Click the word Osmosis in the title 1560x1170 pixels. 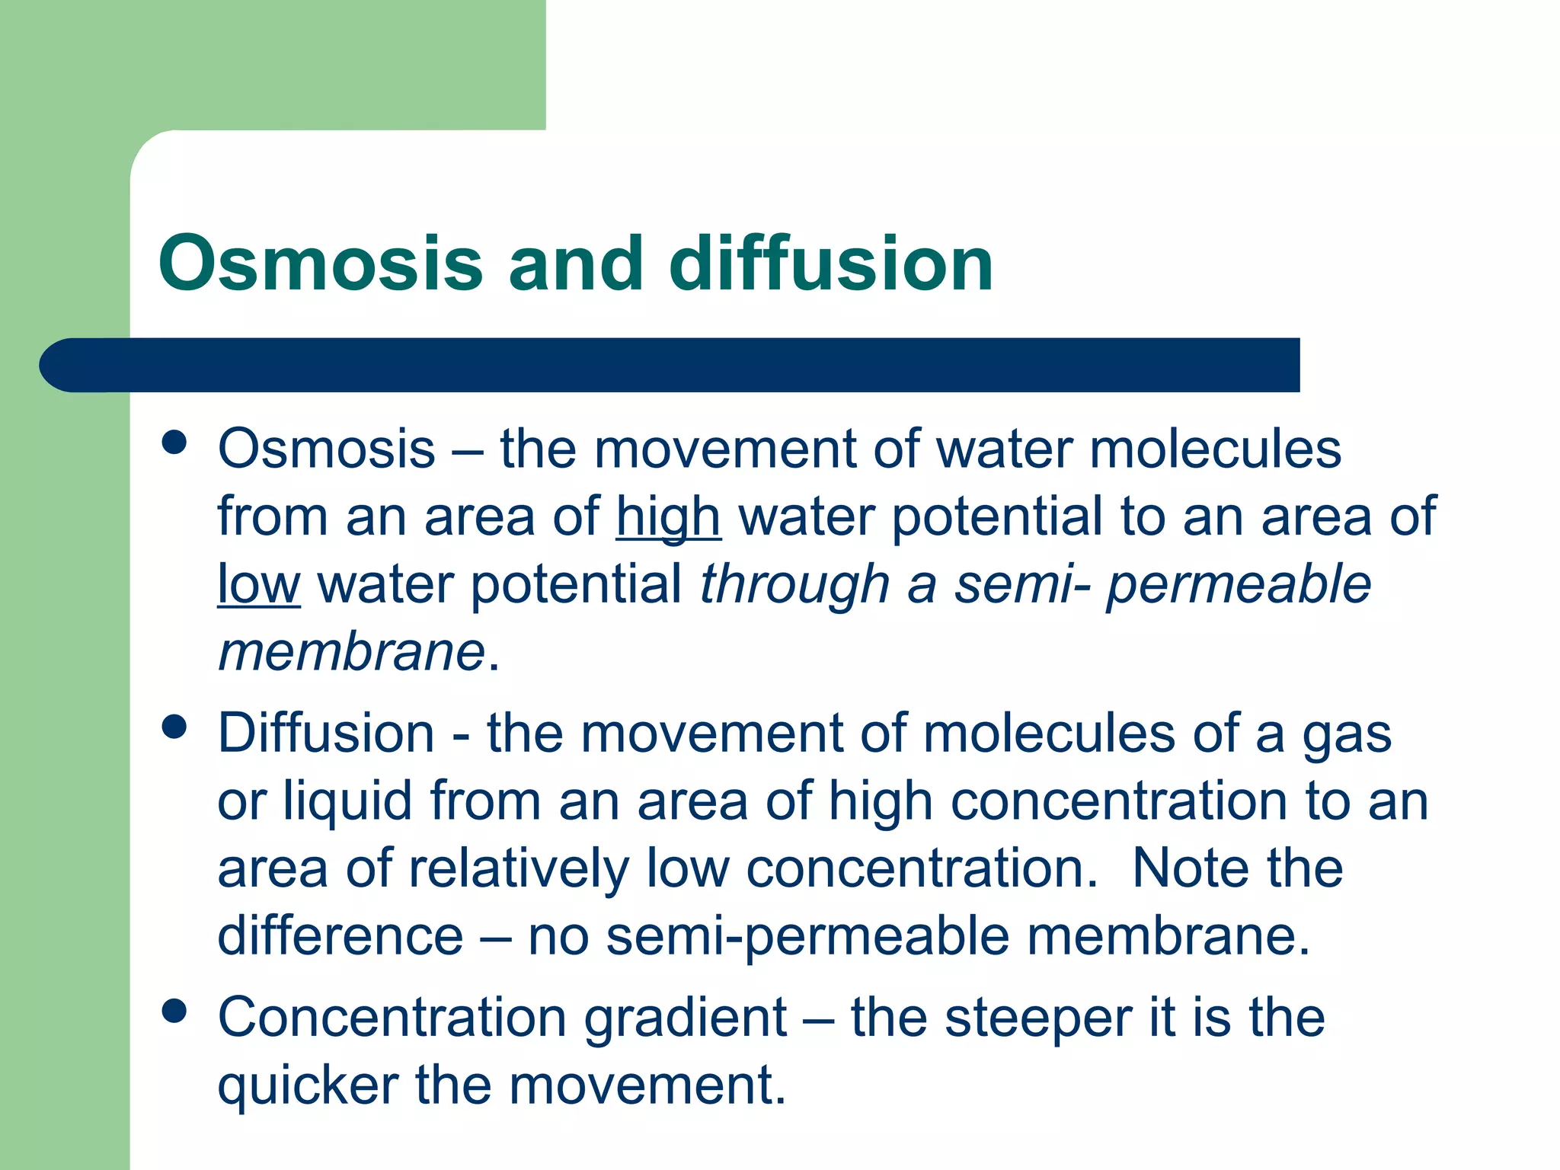[x=320, y=264]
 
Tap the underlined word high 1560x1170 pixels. [x=668, y=517]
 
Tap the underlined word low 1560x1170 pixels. [x=258, y=584]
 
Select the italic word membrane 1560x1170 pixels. [x=351, y=652]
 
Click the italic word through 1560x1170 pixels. [x=794, y=584]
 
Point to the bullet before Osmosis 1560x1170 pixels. [x=174, y=443]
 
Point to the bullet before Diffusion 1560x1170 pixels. [x=174, y=727]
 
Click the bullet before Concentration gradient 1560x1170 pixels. [x=174, y=1012]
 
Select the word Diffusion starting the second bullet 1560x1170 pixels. [x=326, y=733]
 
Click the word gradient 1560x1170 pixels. [x=685, y=1018]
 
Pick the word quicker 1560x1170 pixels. [x=308, y=1085]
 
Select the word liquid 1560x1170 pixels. [x=347, y=801]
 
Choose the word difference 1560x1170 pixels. [x=340, y=935]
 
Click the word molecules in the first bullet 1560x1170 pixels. [x=1215, y=449]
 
